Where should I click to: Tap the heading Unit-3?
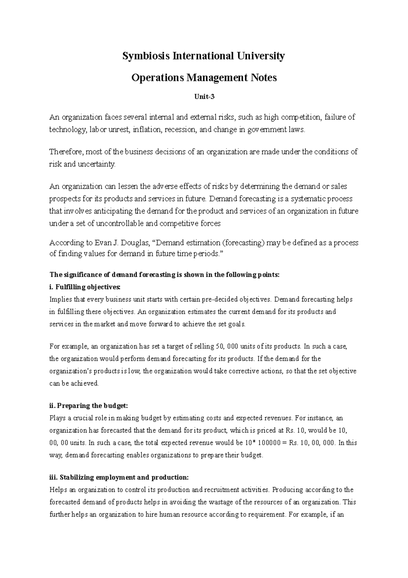(204, 97)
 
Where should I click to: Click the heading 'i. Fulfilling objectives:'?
(85, 287)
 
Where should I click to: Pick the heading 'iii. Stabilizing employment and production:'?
(119, 477)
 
